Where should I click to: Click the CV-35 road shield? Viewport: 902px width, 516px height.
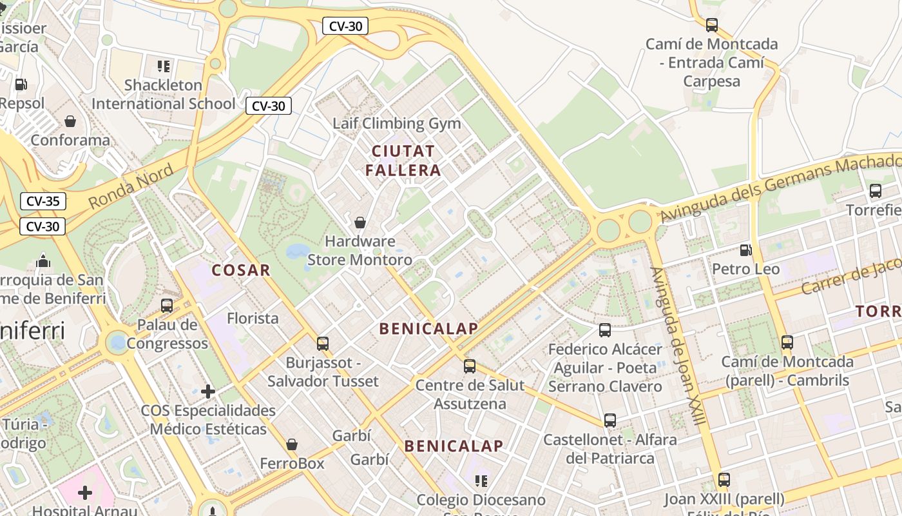tap(43, 201)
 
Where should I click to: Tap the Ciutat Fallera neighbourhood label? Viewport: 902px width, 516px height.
tap(403, 161)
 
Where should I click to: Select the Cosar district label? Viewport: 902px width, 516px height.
tap(241, 270)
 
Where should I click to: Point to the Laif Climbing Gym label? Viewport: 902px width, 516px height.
tap(397, 123)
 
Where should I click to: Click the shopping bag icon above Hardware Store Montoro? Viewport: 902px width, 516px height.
tap(360, 223)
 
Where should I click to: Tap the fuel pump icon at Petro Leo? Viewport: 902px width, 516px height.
tap(745, 250)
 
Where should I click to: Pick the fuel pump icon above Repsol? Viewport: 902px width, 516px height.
tap(21, 84)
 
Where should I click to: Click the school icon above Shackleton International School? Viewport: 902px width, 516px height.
tap(164, 66)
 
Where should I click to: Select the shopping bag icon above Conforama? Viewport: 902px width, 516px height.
tap(70, 121)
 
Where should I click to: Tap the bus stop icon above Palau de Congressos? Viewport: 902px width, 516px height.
tap(167, 306)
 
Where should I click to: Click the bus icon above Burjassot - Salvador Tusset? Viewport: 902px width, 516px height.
tap(323, 344)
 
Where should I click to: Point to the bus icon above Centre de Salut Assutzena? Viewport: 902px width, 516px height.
tap(470, 366)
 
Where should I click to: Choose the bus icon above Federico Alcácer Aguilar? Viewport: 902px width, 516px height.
tap(605, 330)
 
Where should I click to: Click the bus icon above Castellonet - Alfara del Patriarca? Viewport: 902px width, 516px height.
tap(610, 421)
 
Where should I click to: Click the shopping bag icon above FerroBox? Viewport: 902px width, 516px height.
tap(292, 444)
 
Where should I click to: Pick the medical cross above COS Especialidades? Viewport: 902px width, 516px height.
tap(208, 392)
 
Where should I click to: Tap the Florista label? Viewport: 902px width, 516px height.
tap(253, 318)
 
